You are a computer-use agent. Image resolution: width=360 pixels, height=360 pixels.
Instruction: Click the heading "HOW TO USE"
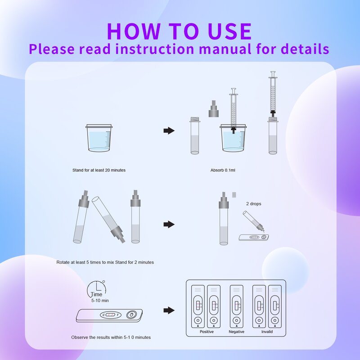point(179,31)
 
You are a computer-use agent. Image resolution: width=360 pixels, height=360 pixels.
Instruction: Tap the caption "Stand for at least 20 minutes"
point(99,170)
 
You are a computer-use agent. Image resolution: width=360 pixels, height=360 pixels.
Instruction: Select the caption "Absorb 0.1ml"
point(223,170)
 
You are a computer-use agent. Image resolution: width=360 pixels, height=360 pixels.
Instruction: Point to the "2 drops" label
point(253,204)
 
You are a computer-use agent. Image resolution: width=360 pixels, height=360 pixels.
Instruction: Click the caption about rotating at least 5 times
point(105,262)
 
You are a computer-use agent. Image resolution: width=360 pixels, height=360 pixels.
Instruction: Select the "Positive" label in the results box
point(207,332)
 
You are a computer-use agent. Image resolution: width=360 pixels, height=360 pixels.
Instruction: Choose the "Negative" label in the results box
point(237,332)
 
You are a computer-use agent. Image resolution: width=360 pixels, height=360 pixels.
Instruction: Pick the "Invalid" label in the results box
point(267,332)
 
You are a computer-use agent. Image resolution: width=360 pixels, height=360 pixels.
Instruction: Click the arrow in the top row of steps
point(169,130)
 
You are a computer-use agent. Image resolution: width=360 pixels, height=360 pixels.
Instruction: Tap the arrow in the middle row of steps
point(169,224)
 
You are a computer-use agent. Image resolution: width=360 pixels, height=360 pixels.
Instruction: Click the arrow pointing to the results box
point(169,310)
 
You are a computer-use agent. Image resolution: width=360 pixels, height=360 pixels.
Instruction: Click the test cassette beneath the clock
point(109,315)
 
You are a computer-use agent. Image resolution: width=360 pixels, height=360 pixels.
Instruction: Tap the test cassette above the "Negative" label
point(236,306)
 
